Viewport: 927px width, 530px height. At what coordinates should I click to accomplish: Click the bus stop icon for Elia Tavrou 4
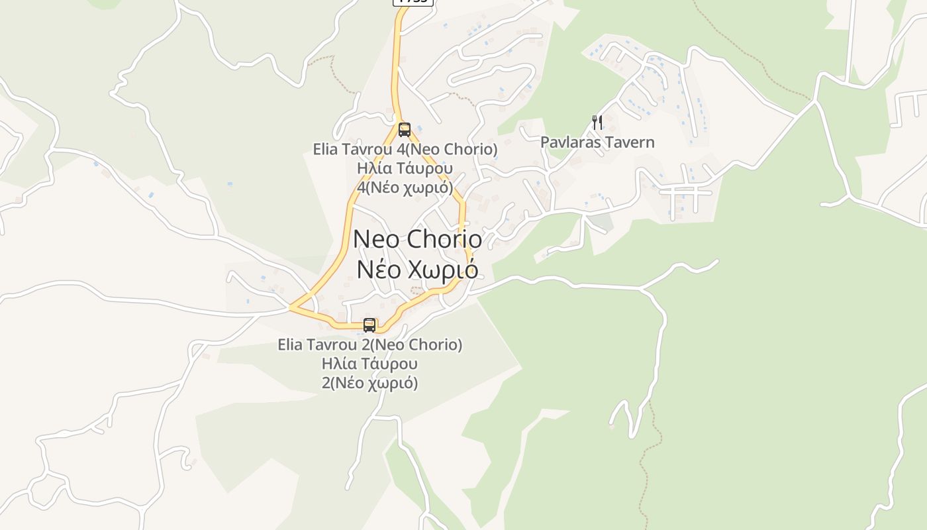404,130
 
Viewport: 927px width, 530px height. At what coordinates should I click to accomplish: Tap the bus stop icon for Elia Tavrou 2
369,325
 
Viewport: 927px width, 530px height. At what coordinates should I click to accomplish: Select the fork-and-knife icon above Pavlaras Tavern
597,123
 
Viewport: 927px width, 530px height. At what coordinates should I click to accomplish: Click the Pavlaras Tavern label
597,142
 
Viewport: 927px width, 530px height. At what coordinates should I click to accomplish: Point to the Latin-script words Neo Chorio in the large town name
418,238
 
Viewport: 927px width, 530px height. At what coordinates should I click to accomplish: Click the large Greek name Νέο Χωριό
418,269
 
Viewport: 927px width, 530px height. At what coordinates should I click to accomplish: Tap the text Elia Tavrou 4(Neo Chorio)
405,149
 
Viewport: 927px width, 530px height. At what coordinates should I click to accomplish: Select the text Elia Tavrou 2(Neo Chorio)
369,344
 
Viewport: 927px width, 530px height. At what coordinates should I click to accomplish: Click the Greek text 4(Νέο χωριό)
405,187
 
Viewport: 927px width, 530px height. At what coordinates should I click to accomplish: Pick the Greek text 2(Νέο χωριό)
369,383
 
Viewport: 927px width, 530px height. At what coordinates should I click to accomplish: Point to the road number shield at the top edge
413,2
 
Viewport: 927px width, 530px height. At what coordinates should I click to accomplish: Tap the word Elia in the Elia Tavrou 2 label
291,344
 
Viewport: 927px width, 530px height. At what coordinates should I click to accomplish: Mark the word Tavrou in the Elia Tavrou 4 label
367,149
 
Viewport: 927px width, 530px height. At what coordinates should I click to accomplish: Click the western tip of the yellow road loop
291,307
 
